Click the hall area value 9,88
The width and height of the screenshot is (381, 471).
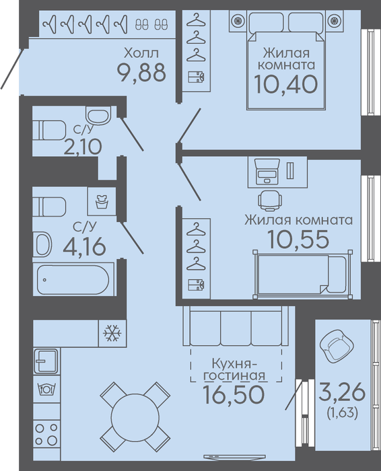(141, 73)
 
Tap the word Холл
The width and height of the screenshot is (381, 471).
(141, 53)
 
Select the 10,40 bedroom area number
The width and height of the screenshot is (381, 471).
(286, 84)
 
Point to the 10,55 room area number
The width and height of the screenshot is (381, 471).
(298, 240)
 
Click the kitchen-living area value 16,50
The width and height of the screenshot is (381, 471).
(234, 394)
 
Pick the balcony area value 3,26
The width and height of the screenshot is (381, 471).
(342, 392)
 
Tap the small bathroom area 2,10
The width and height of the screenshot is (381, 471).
(83, 147)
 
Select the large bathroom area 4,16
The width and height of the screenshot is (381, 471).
(84, 247)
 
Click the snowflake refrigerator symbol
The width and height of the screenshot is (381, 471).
(112, 333)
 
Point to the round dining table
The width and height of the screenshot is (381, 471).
(135, 416)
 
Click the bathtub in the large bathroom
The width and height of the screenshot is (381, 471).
(73, 279)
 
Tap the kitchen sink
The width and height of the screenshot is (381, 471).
(46, 361)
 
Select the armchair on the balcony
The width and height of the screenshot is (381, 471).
(336, 346)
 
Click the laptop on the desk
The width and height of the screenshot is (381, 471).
(267, 172)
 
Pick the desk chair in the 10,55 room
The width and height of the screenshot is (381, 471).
(270, 200)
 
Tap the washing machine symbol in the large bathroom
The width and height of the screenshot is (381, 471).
(102, 201)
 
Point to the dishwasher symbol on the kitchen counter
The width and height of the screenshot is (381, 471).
(46, 389)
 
